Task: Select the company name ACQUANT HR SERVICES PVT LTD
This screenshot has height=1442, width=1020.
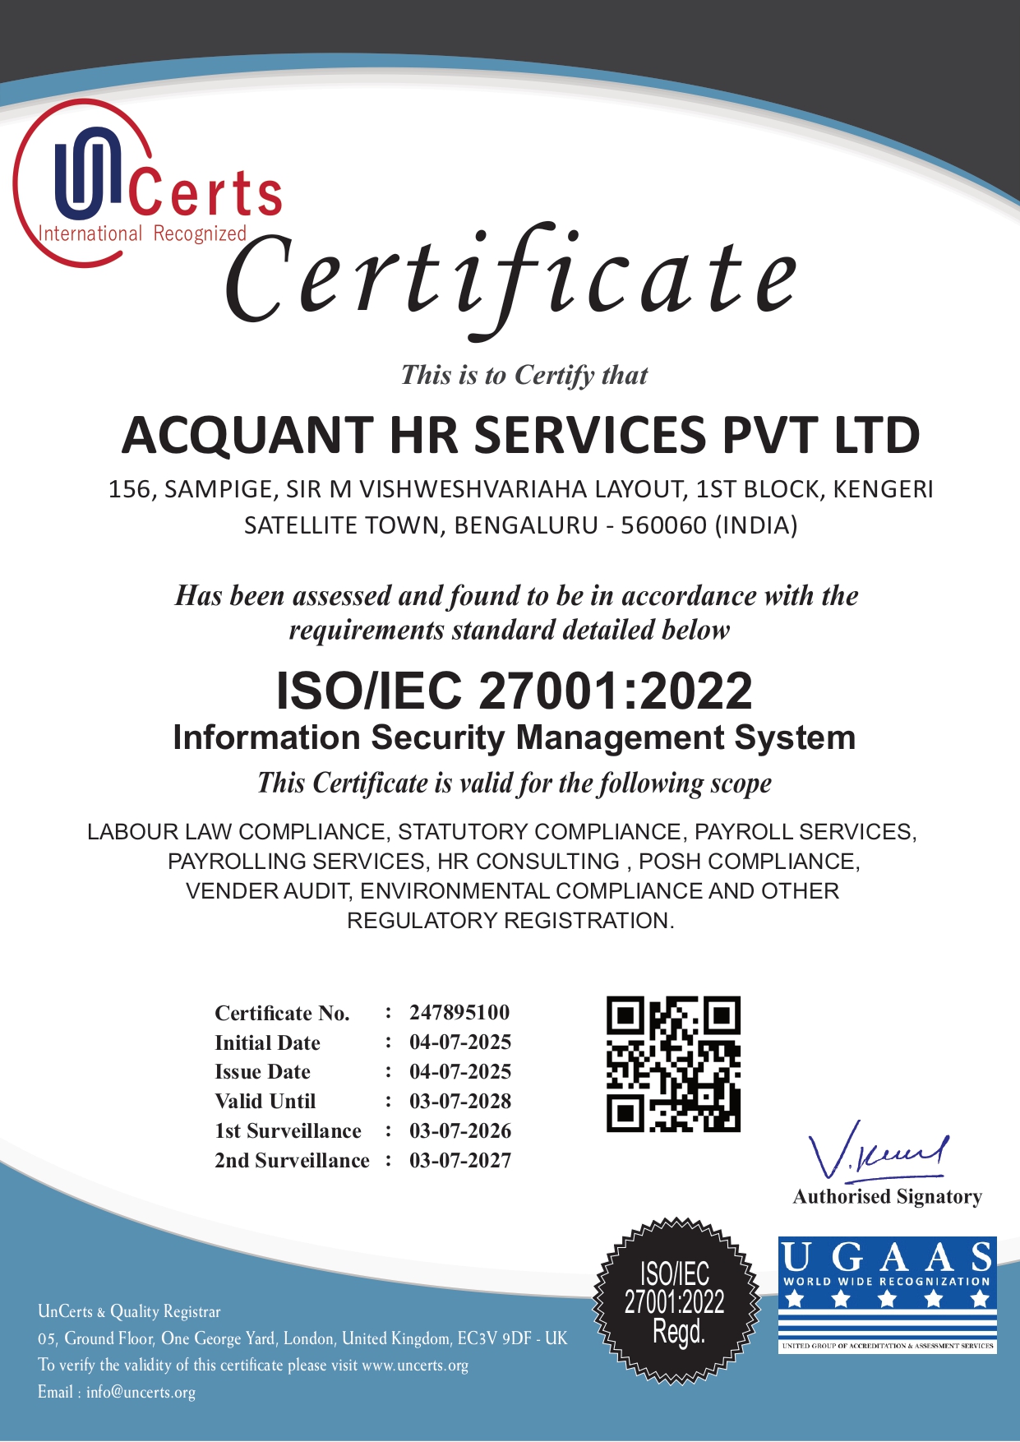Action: (x=520, y=435)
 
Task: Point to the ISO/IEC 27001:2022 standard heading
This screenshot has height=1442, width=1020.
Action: (x=514, y=691)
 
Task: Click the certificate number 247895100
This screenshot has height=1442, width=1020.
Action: (x=459, y=1012)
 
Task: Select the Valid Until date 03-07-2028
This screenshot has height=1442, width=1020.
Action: (x=460, y=1101)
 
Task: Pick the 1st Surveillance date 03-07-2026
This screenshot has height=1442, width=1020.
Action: (x=460, y=1130)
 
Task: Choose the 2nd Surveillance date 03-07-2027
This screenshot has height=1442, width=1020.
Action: (x=460, y=1160)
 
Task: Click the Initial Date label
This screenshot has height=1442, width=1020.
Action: (x=267, y=1042)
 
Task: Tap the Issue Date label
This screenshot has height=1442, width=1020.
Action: (x=262, y=1072)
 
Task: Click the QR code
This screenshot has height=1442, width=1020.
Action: (x=673, y=1064)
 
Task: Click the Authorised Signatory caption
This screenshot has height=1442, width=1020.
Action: (x=887, y=1197)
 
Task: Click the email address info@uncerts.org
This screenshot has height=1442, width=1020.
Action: (x=141, y=1392)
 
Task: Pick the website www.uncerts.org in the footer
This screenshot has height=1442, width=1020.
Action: (x=415, y=1366)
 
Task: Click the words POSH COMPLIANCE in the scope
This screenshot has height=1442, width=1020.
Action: (x=748, y=862)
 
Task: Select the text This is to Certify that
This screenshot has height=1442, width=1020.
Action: (x=524, y=375)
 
